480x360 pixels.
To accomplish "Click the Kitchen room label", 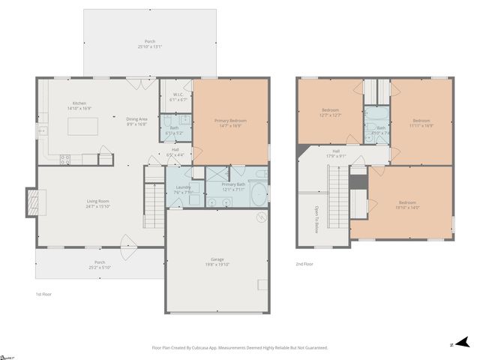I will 79,103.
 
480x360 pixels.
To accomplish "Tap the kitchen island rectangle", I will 84,126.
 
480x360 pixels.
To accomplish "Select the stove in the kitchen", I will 64,158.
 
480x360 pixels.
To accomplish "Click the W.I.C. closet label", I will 179,94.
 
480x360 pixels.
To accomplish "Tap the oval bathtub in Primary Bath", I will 258,193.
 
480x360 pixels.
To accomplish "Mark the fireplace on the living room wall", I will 32,201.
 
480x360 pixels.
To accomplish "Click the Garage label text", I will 217,259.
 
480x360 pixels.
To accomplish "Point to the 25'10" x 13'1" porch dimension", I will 149,47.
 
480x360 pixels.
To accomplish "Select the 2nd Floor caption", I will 304,263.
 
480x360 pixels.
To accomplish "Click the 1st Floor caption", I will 44,295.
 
